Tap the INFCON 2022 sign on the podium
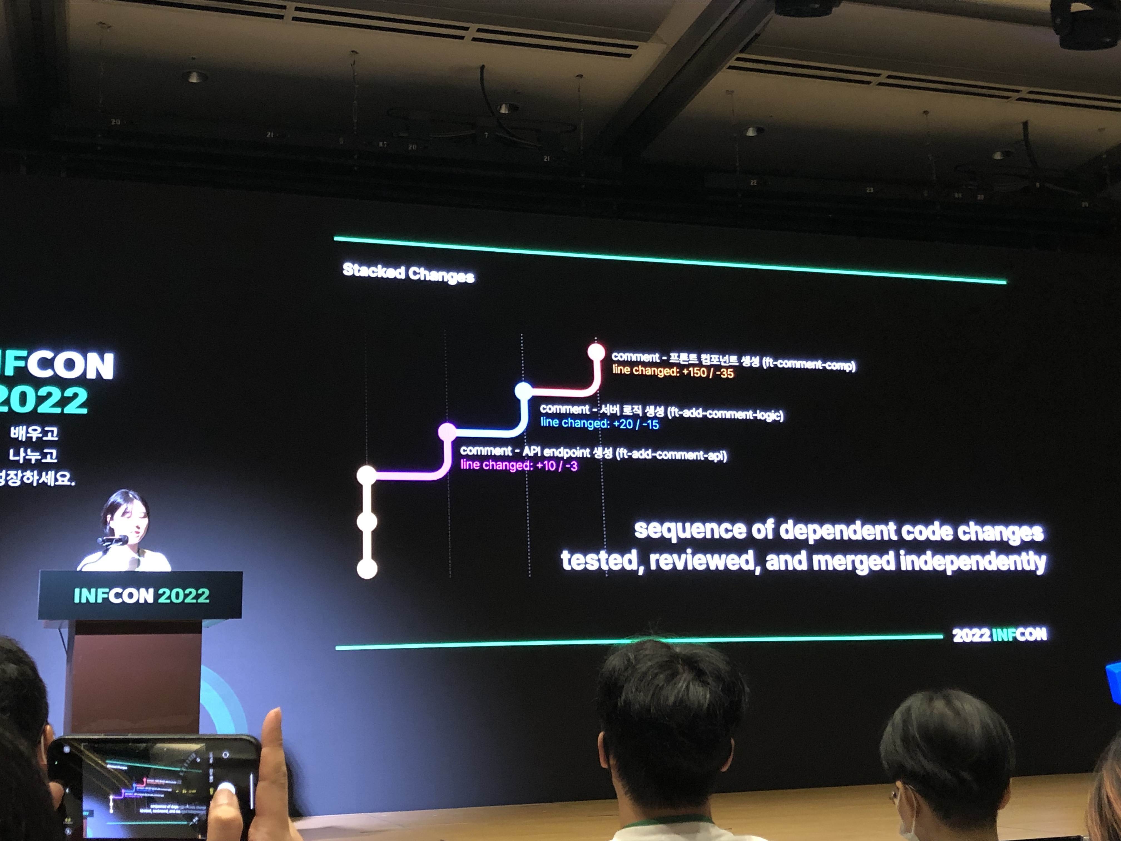pyautogui.click(x=142, y=595)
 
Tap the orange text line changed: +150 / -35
pyautogui.click(x=673, y=372)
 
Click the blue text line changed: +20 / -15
pyautogui.click(x=599, y=423)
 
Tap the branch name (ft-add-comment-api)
pyautogui.click(x=671, y=455)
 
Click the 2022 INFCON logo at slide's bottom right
pyautogui.click(x=999, y=635)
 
